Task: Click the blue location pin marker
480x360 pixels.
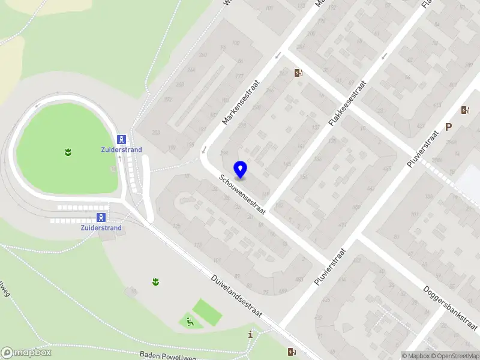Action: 241,170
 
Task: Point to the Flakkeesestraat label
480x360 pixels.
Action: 347,103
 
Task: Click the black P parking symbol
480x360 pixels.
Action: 448,127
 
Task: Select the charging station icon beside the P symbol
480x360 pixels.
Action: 465,110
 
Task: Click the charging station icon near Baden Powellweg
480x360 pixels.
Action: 292,352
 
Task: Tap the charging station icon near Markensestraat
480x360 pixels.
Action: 298,73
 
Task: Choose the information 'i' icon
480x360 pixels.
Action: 250,334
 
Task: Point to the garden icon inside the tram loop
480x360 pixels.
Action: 67,152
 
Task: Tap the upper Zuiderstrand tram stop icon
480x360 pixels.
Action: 122,139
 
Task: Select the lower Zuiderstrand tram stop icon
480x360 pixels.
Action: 102,217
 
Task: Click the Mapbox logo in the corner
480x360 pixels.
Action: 26,353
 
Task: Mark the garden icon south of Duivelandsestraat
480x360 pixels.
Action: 155,281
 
